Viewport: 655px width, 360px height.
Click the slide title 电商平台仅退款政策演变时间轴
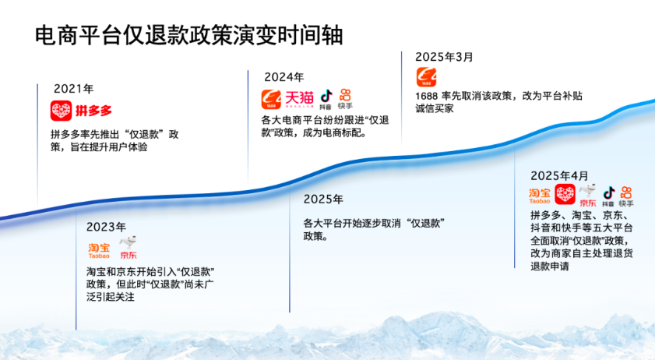click(188, 35)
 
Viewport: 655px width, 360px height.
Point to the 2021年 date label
click(73, 89)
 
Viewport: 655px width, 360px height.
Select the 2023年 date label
click(106, 227)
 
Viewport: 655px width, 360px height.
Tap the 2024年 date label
click(284, 77)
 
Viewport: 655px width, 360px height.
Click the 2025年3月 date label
click(444, 57)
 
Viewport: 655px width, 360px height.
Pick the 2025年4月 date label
click(559, 175)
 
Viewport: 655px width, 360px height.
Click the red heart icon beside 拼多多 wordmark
click(61, 111)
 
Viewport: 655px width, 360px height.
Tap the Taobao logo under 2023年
click(99, 251)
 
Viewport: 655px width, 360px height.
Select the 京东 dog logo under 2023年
click(129, 248)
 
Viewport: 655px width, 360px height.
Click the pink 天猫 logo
click(299, 99)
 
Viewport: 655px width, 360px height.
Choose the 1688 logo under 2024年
click(271, 100)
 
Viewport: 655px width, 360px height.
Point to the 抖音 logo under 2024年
click(326, 100)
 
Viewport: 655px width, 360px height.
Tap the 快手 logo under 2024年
click(345, 100)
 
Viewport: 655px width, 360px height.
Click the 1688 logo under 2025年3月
click(426, 77)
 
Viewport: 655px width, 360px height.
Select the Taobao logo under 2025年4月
click(540, 196)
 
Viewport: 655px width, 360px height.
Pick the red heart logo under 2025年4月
click(565, 194)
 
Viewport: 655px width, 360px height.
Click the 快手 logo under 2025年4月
click(626, 196)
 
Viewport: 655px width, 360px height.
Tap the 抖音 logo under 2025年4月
click(608, 196)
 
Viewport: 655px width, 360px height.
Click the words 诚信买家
click(435, 109)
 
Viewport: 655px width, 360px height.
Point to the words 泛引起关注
click(111, 298)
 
